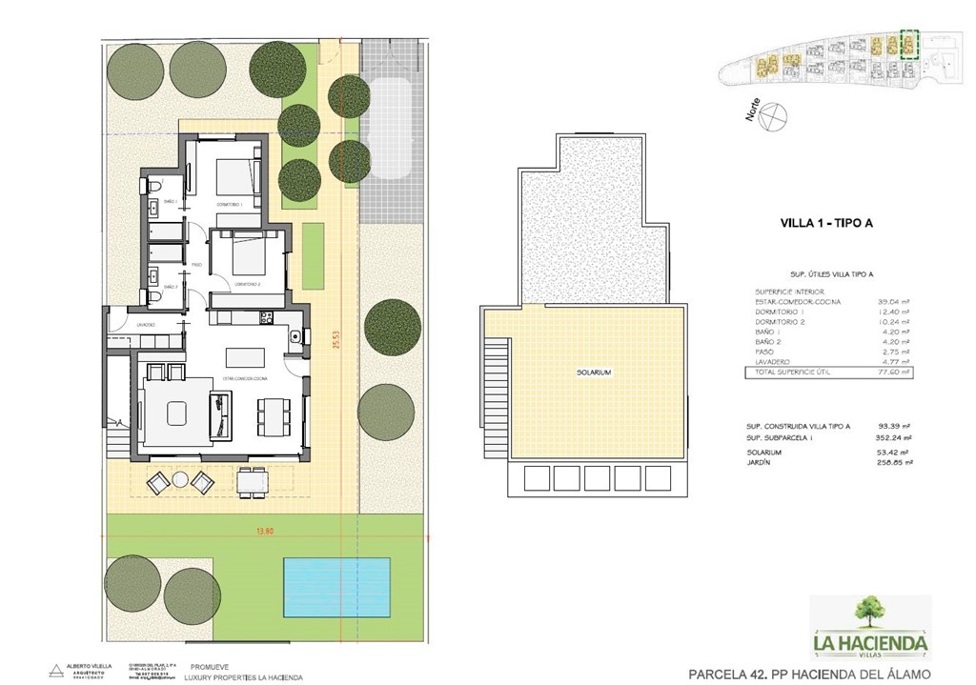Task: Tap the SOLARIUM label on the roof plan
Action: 593,373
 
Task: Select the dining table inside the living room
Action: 272,413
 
